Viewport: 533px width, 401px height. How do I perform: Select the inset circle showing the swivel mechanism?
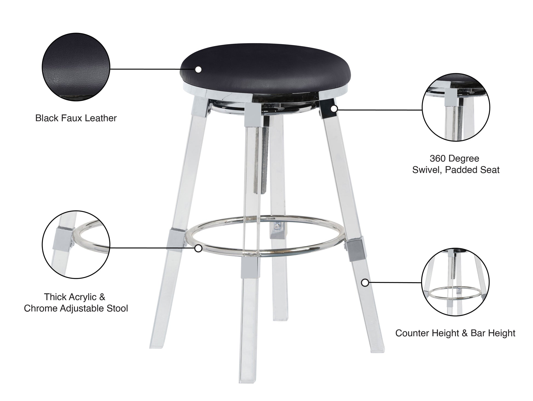click(x=456, y=108)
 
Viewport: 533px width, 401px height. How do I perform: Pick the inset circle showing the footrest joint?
click(x=76, y=245)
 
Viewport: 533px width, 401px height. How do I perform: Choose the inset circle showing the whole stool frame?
click(x=455, y=282)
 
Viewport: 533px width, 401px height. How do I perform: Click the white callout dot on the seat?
click(x=198, y=69)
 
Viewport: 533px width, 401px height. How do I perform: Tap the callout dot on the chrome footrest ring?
click(x=198, y=248)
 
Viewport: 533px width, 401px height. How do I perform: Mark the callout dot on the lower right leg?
click(x=365, y=283)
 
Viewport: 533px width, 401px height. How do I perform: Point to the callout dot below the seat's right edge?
click(x=334, y=109)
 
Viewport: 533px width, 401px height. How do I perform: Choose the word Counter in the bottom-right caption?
click(x=412, y=333)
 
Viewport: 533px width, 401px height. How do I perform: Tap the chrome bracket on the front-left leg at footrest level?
click(x=175, y=237)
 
